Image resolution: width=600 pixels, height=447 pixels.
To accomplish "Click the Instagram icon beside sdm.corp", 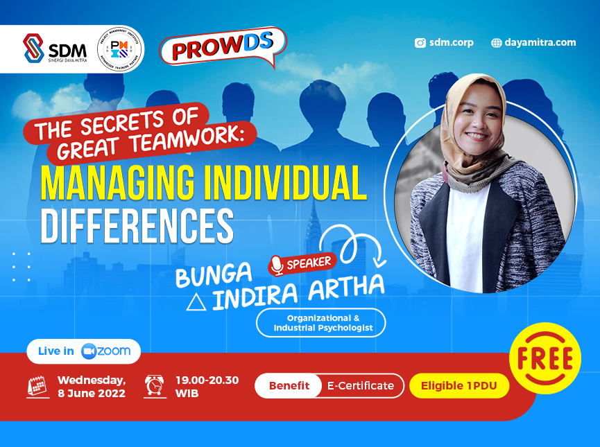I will pos(420,42).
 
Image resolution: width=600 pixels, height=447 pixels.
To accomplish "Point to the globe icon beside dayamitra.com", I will pos(496,42).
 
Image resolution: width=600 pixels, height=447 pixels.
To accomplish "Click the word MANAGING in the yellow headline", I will pos(112,182).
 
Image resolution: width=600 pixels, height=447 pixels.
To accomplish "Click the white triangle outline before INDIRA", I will pos(196,302).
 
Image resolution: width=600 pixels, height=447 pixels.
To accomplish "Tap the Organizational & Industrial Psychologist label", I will pos(320,323).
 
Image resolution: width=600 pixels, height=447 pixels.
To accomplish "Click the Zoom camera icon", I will pos(88,351).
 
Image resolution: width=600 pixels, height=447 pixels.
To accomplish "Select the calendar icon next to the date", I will pos(37,386).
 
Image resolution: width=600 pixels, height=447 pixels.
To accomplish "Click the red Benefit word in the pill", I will pos(289,386).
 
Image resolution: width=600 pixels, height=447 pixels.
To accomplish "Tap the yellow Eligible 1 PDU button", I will pos(459,386).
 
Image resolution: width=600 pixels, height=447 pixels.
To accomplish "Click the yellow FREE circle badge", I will pos(545,359).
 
